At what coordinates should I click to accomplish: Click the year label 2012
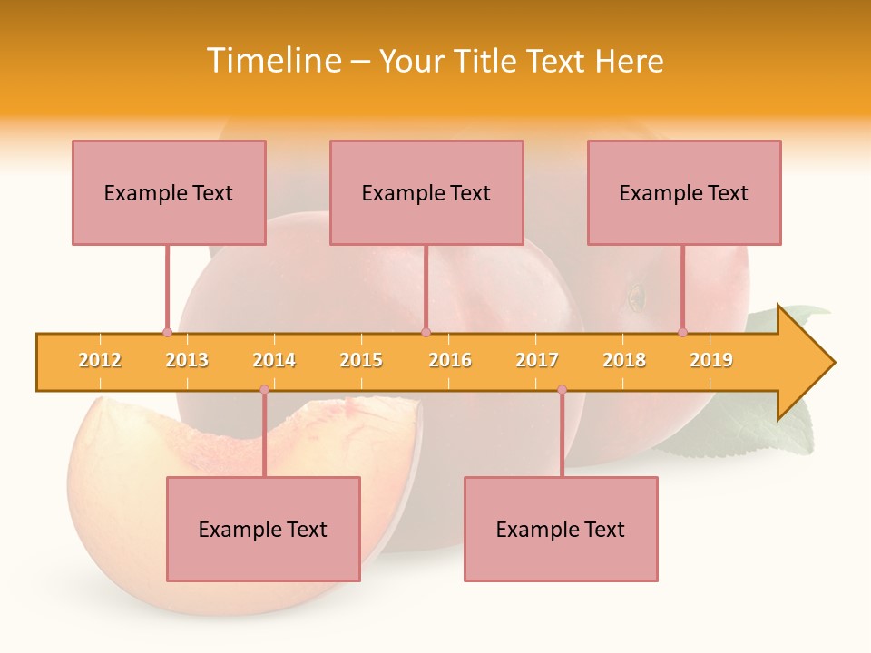[x=100, y=360]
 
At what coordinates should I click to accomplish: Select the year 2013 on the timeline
[x=187, y=360]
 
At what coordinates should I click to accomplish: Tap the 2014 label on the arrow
[x=274, y=360]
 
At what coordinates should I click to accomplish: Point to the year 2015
[x=361, y=360]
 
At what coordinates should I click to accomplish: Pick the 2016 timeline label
[x=450, y=360]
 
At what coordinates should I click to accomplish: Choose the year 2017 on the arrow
[x=537, y=360]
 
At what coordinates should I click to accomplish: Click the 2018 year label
[x=624, y=360]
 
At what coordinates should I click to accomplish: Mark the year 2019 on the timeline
[x=711, y=360]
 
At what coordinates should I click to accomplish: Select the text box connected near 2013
[x=169, y=192]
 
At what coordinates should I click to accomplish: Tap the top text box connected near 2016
[x=426, y=192]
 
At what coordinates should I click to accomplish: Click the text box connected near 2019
[x=684, y=192]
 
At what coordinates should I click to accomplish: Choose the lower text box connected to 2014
[x=263, y=529]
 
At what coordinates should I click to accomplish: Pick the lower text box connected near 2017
[x=561, y=529]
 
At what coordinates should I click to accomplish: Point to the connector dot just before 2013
[x=167, y=332]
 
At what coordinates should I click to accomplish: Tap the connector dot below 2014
[x=264, y=390]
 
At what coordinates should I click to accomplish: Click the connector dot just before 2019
[x=682, y=332]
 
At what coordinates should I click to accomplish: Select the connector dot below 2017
[x=562, y=390]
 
